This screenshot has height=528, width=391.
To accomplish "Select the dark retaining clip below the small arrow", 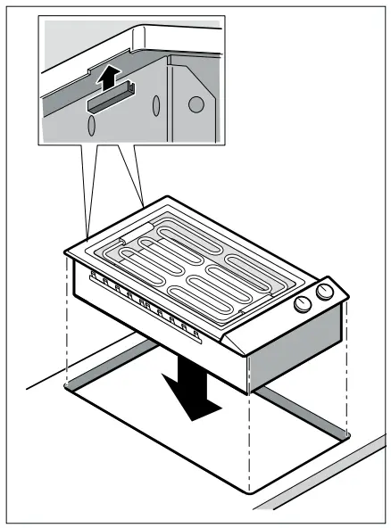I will click(107, 101).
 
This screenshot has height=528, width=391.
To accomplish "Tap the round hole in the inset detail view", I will click(196, 104).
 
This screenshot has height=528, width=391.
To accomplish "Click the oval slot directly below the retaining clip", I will click(90, 125).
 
